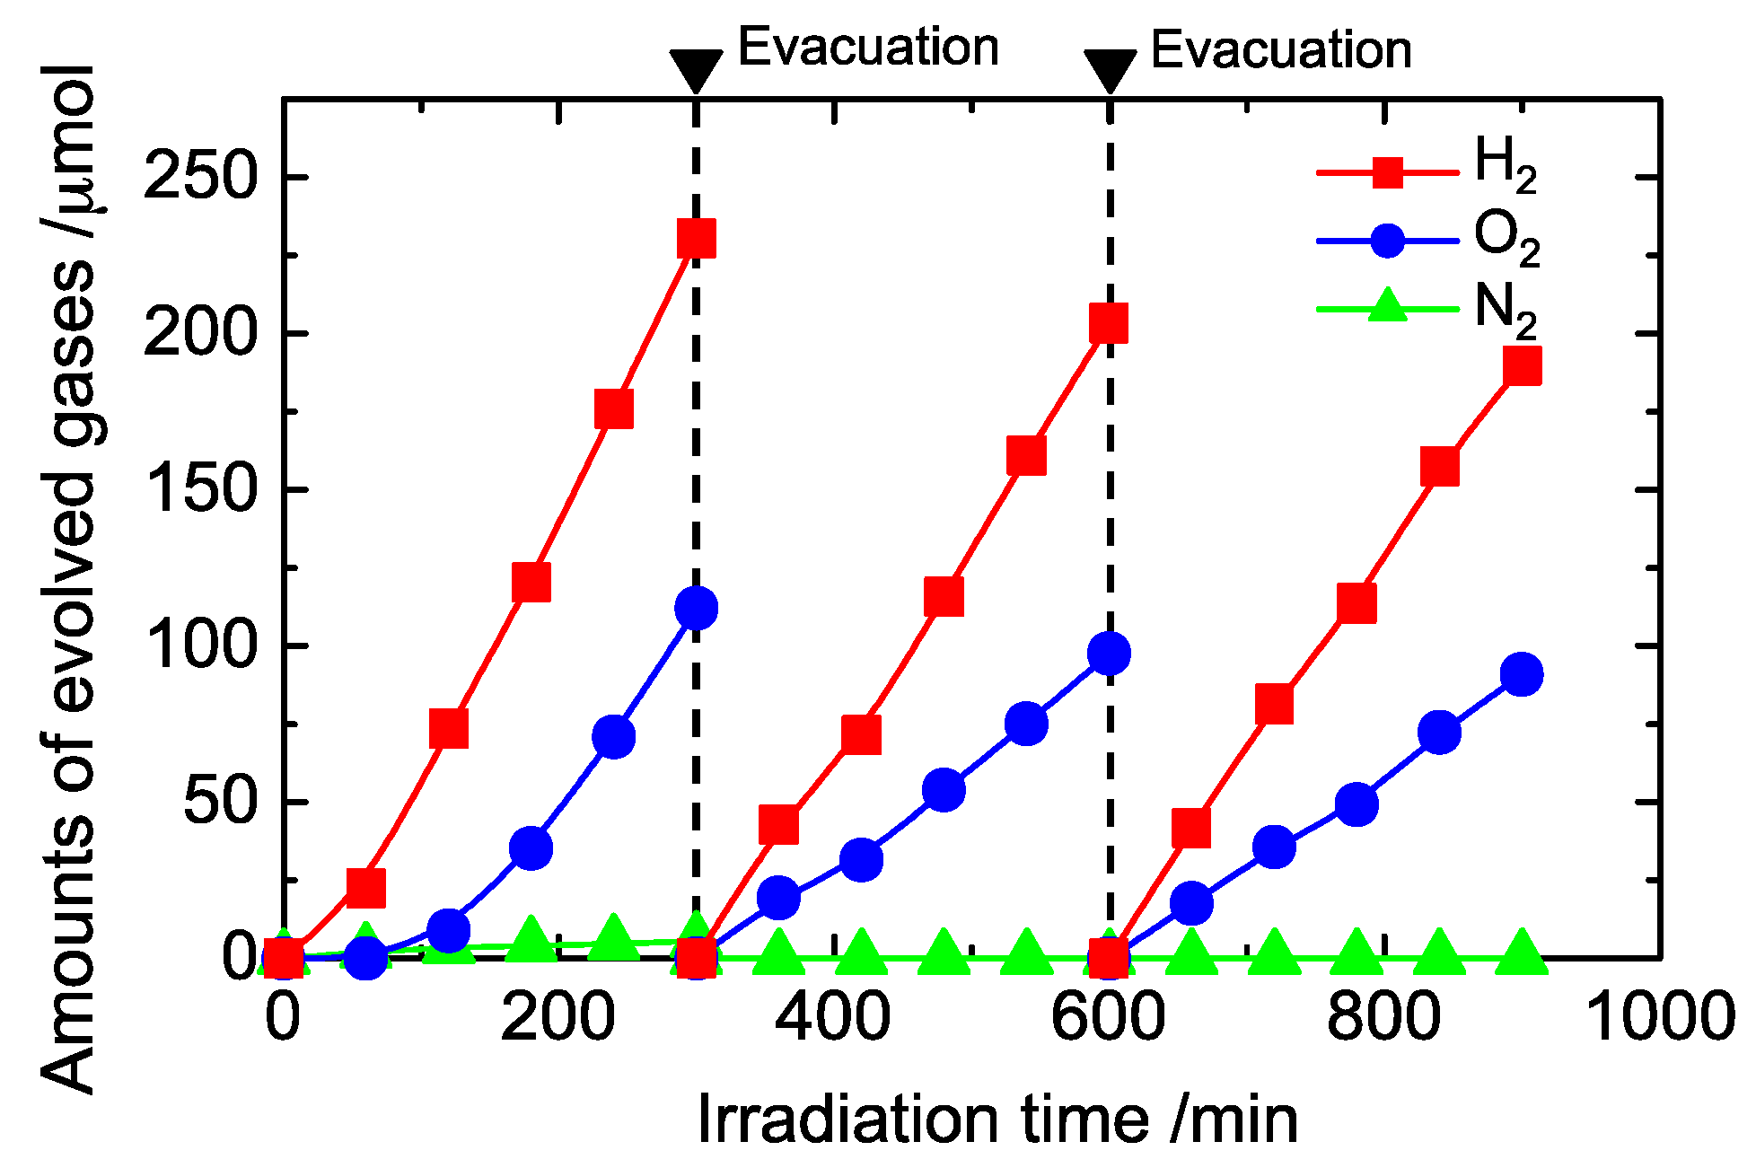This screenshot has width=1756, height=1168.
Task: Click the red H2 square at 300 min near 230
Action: (x=697, y=238)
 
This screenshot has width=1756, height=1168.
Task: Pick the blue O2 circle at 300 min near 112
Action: (x=697, y=609)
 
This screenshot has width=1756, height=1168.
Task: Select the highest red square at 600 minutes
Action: (x=1109, y=323)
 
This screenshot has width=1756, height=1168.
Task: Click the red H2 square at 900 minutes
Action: (x=1522, y=365)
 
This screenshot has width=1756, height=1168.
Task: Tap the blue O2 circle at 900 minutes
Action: (x=1522, y=674)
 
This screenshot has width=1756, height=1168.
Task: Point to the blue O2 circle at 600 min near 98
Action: (x=1109, y=654)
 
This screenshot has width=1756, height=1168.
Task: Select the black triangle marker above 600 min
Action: (x=1111, y=70)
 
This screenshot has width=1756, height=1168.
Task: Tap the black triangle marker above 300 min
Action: (x=696, y=70)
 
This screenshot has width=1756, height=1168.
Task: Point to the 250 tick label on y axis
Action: (x=200, y=177)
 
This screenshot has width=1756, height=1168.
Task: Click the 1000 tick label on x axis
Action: (x=1659, y=1017)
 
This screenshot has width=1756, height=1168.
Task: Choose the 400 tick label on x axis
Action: (x=833, y=1017)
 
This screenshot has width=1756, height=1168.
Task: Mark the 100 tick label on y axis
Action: (x=200, y=645)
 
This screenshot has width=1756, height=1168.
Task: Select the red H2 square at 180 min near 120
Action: (x=531, y=583)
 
